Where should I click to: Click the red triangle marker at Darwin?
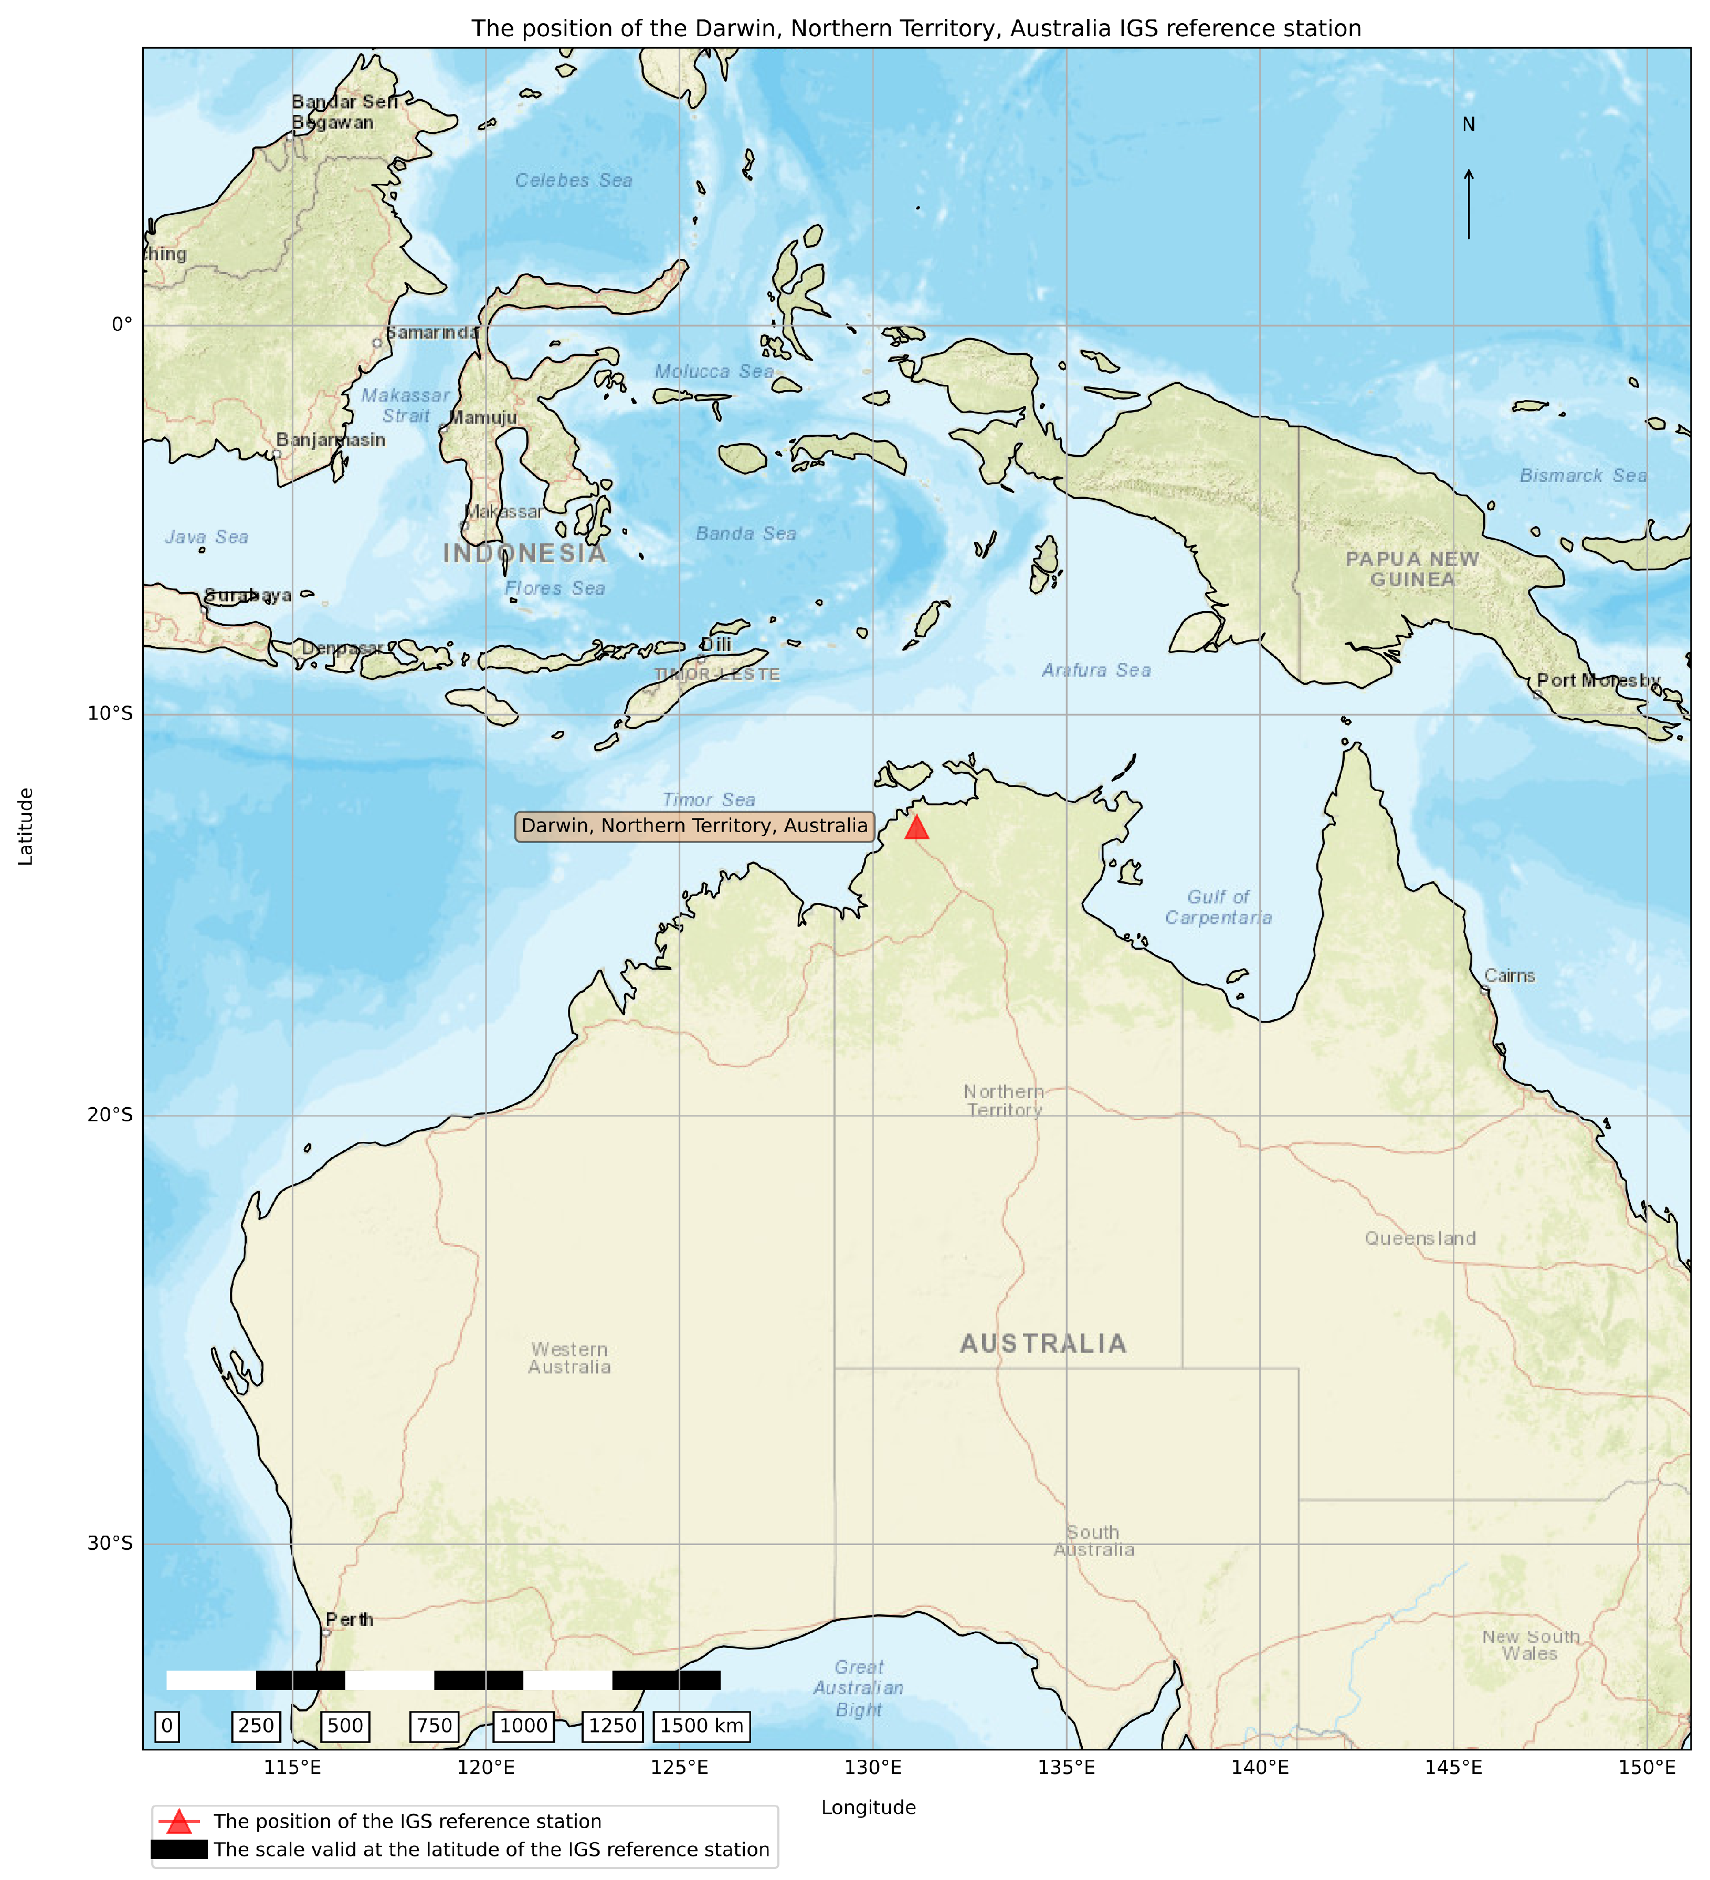(x=916, y=828)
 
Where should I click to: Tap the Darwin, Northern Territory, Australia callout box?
(x=694, y=826)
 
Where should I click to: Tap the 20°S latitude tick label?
(x=110, y=1115)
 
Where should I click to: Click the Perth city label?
(x=350, y=1620)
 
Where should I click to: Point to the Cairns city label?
(x=1508, y=975)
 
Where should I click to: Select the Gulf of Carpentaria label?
(x=1218, y=907)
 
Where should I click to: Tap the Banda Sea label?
(x=746, y=533)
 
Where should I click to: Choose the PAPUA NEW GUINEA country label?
(x=1412, y=569)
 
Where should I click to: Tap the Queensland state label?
(x=1420, y=1238)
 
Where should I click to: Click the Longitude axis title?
(x=868, y=1807)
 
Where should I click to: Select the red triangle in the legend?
(x=179, y=1821)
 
